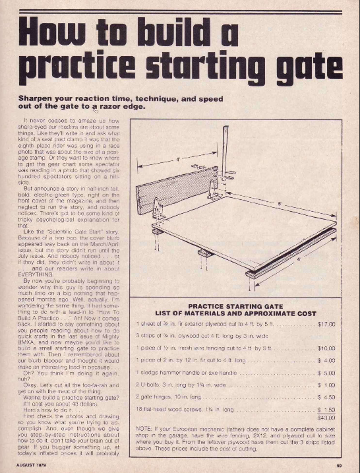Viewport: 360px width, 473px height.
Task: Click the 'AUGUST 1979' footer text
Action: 39,466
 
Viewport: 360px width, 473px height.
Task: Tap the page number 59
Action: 336,465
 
